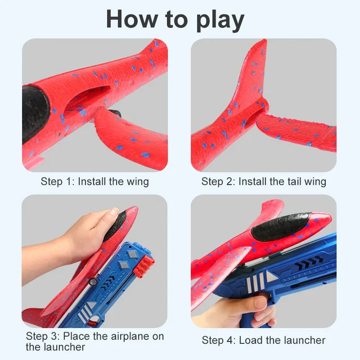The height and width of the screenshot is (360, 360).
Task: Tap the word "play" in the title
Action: (x=220, y=20)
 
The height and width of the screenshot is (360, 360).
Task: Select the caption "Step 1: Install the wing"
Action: (x=94, y=182)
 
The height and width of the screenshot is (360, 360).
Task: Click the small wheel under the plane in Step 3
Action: (x=94, y=281)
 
